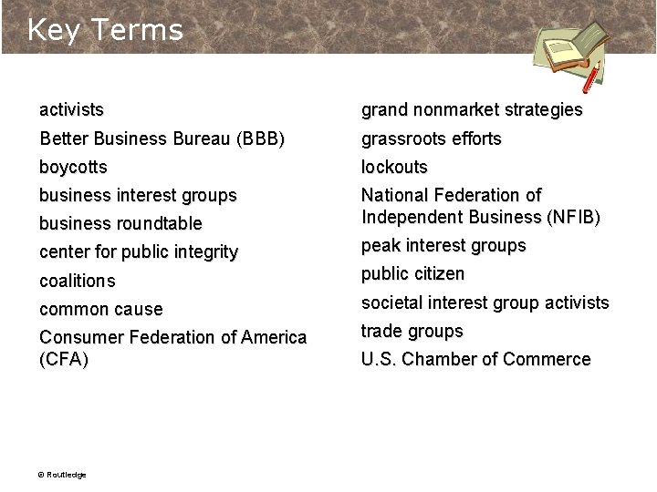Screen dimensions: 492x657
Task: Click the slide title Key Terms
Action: pyautogui.click(x=105, y=30)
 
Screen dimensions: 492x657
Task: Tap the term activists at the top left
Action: pyautogui.click(x=71, y=110)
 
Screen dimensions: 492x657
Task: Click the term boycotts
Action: pyautogui.click(x=73, y=168)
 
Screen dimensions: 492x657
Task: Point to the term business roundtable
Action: pyautogui.click(x=120, y=224)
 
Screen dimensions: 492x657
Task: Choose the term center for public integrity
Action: pyautogui.click(x=139, y=252)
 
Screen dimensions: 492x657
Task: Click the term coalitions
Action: pyautogui.click(x=78, y=281)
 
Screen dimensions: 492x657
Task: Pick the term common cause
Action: pyautogui.click(x=101, y=310)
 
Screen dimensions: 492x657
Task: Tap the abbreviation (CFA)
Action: pyautogui.click(x=64, y=360)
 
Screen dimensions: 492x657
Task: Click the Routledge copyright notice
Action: pyautogui.click(x=61, y=475)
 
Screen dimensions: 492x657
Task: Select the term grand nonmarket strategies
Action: pyautogui.click(x=472, y=110)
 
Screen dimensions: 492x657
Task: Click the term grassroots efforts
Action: pyautogui.click(x=432, y=138)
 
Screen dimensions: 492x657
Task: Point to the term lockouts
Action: pyautogui.click(x=394, y=168)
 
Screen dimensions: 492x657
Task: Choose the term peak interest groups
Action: pyautogui.click(x=443, y=246)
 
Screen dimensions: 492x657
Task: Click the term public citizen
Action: pyautogui.click(x=412, y=274)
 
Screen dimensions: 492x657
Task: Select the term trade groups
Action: pyautogui.click(x=412, y=331)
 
